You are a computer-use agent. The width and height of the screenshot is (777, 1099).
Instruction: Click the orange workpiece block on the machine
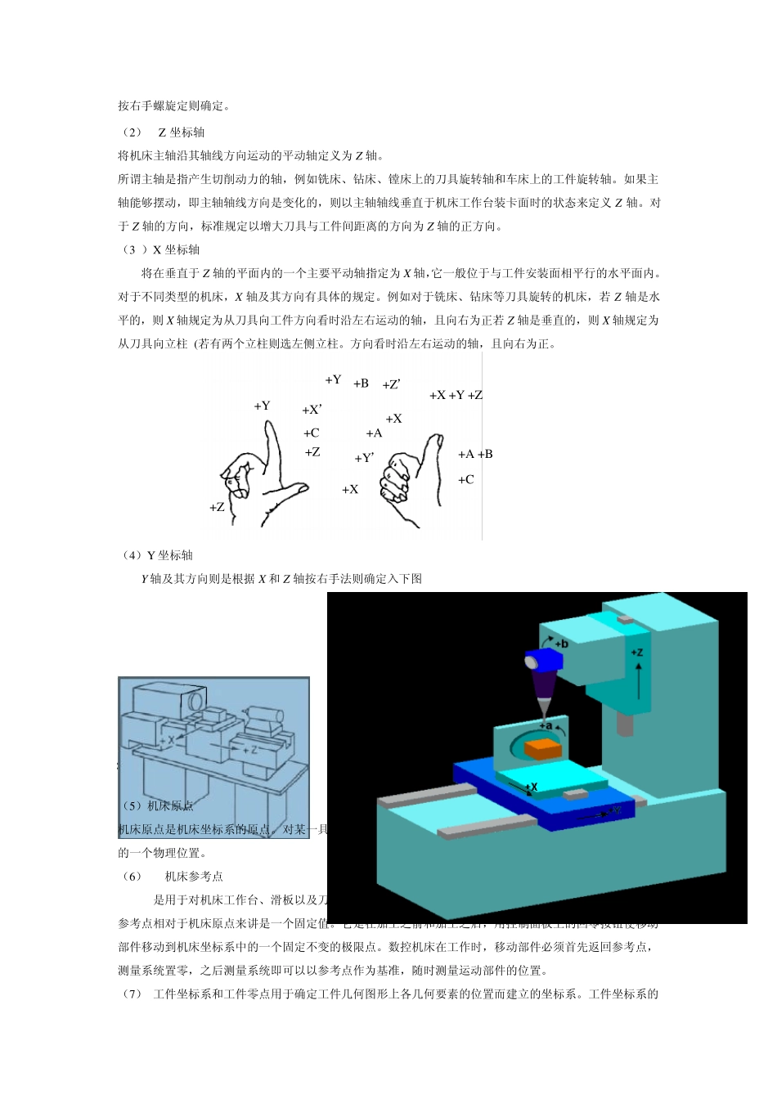pyautogui.click(x=542, y=748)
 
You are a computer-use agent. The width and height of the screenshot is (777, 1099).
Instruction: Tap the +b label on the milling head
pyautogui.click(x=562, y=644)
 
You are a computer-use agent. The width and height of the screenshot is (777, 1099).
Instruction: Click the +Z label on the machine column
pyautogui.click(x=637, y=653)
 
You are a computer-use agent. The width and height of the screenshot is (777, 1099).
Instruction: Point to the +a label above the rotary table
pyautogui.click(x=546, y=725)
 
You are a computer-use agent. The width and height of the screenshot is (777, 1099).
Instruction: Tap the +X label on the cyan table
pyautogui.click(x=532, y=787)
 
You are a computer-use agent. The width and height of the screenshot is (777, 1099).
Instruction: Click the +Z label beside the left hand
pyautogui.click(x=217, y=507)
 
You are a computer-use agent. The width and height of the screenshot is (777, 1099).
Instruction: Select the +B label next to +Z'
pyautogui.click(x=361, y=384)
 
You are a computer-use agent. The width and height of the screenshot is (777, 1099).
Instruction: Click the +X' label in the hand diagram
pyautogui.click(x=312, y=410)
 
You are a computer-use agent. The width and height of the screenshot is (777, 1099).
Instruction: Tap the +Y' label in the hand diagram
pyautogui.click(x=364, y=459)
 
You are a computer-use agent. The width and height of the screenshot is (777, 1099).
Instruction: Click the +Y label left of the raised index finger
pyautogui.click(x=262, y=406)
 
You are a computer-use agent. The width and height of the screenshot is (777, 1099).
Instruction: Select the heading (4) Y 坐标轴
pyautogui.click(x=157, y=555)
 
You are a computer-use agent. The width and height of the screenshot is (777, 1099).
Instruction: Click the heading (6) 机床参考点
pyautogui.click(x=172, y=877)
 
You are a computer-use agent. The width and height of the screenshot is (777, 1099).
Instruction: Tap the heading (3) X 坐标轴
pyautogui.click(x=160, y=249)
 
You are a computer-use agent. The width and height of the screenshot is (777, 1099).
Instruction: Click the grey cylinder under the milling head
pyautogui.click(x=626, y=724)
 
